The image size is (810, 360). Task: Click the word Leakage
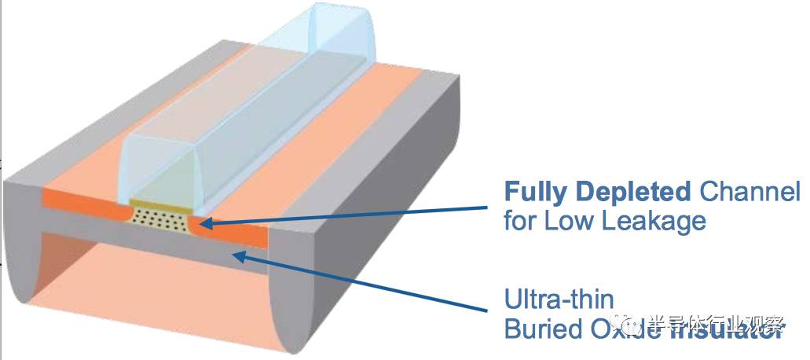coord(655,222)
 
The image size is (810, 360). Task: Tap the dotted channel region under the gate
coord(160,215)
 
